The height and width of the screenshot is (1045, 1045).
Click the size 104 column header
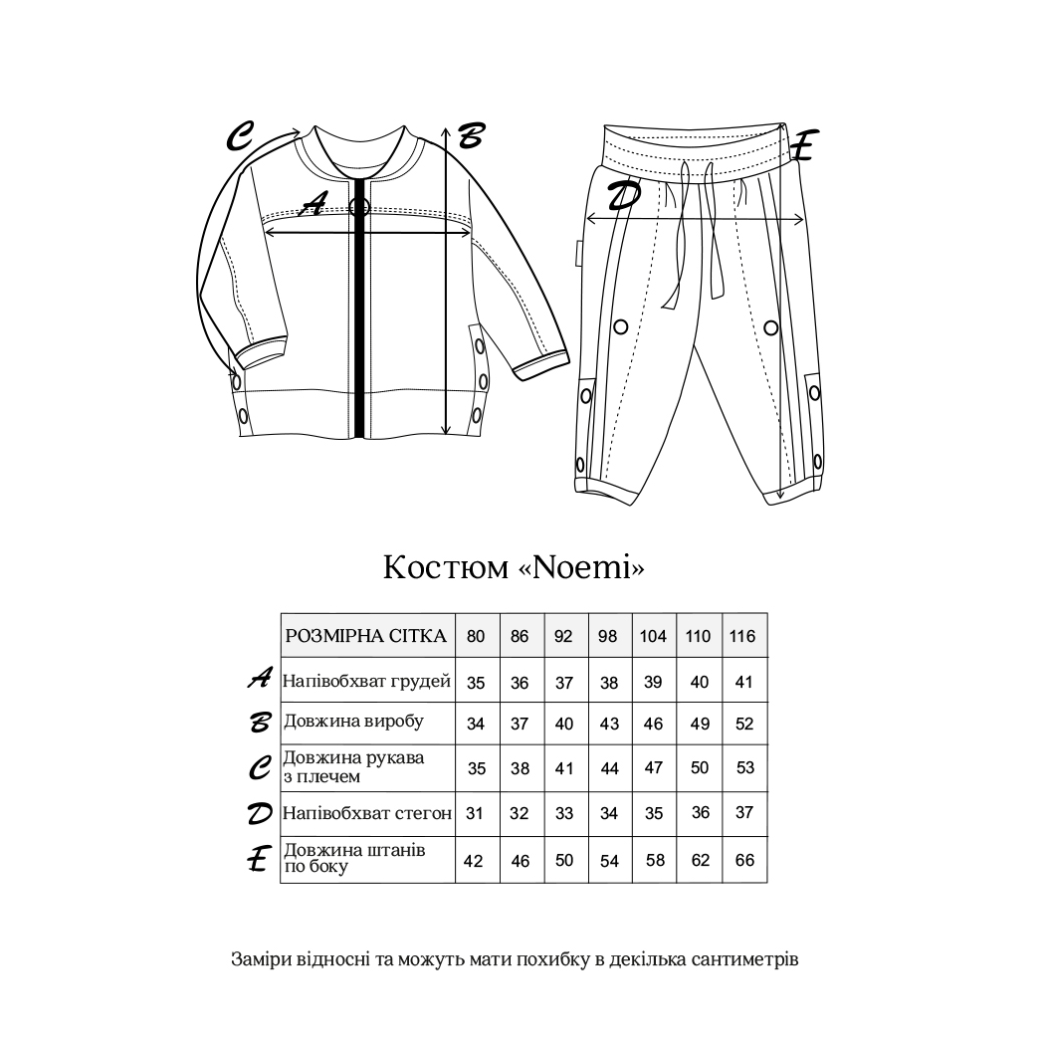(x=653, y=636)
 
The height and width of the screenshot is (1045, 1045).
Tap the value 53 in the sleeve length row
(x=744, y=767)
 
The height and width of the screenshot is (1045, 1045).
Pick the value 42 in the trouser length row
(x=474, y=861)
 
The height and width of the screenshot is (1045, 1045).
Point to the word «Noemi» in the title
(x=582, y=567)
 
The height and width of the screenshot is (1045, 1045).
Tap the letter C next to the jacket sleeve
(x=241, y=135)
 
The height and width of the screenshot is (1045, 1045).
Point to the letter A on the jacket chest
(x=313, y=204)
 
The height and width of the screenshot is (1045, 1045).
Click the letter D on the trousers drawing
(x=623, y=197)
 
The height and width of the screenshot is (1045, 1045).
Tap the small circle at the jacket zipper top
(x=359, y=207)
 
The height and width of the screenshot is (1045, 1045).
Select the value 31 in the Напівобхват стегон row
(x=475, y=813)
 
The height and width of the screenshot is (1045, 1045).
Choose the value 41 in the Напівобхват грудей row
(x=744, y=683)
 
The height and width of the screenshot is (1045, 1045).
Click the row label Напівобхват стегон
(x=367, y=813)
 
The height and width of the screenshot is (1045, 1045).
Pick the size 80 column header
(x=476, y=636)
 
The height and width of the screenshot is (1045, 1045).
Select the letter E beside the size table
(x=259, y=860)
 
